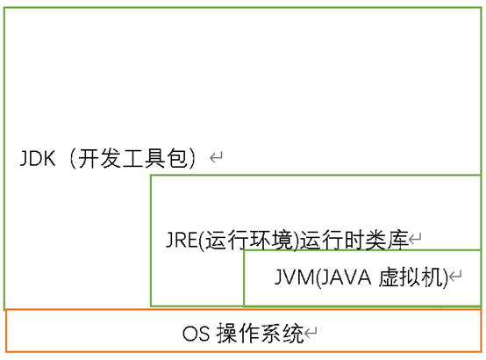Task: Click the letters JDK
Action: tap(38, 158)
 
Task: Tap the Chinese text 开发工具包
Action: tap(132, 158)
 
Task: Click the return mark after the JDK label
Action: tap(216, 157)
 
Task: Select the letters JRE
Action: tap(182, 240)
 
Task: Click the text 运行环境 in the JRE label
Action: tap(248, 240)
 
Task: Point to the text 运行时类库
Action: tap(354, 240)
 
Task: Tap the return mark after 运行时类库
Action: tap(415, 239)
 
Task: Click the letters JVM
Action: tap(295, 277)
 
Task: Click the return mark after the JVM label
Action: tap(455, 276)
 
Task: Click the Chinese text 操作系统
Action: tap(260, 334)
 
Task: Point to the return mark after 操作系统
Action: tap(311, 333)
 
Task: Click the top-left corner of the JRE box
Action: tap(151, 176)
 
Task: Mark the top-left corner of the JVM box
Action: tap(244, 251)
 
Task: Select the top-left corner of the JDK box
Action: tap(4, 9)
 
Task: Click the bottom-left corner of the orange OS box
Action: tap(6, 351)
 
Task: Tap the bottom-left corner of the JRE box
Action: tap(151, 306)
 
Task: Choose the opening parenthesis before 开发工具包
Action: tap(73, 158)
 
